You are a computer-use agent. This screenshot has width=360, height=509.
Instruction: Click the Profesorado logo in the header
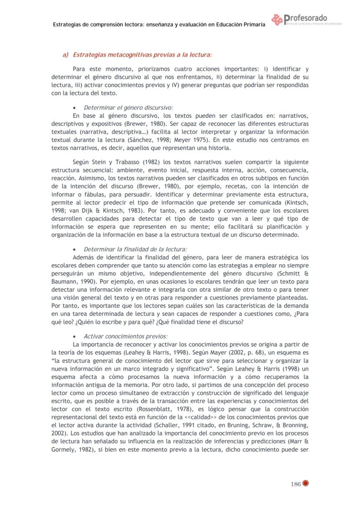coord(304,20)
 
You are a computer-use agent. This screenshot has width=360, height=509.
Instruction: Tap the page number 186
coord(296,485)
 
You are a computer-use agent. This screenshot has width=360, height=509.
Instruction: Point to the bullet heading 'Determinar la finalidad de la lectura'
coord(135,250)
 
